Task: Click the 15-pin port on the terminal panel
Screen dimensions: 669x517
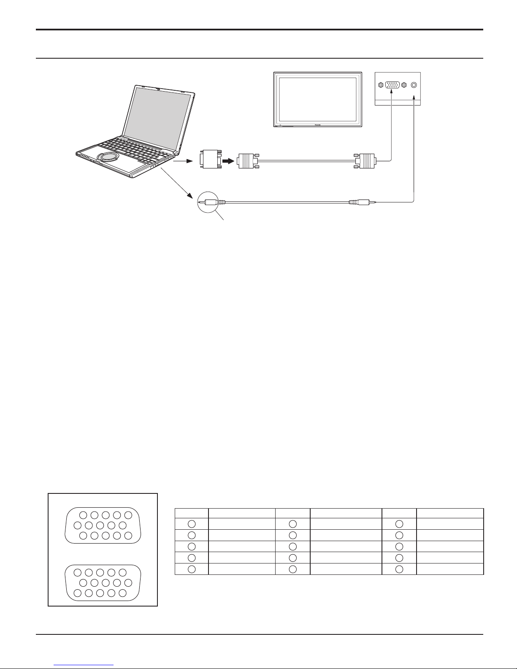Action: pyautogui.click(x=392, y=85)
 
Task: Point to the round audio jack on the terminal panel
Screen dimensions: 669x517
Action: pyautogui.click(x=414, y=85)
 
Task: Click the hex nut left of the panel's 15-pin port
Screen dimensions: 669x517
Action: pyautogui.click(x=381, y=85)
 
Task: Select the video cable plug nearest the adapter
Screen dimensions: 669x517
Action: pyautogui.click(x=247, y=161)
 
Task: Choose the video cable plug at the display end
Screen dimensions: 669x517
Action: pyautogui.click(x=365, y=161)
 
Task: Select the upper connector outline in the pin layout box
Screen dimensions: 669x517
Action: pyautogui.click(x=103, y=525)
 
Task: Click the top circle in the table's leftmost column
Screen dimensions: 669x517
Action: pyautogui.click(x=191, y=524)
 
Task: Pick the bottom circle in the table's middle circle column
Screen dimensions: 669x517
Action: pyautogui.click(x=293, y=569)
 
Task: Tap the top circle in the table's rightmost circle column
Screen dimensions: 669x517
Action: pyautogui.click(x=399, y=524)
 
